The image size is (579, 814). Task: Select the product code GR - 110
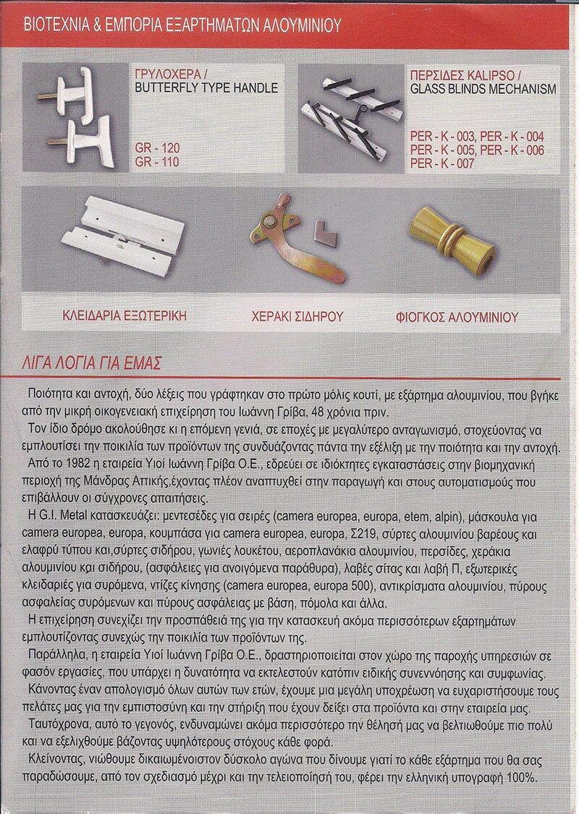157,161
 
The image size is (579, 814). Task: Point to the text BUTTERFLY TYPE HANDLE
206,88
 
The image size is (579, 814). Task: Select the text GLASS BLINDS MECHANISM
483,90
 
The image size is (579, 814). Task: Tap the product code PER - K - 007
442,164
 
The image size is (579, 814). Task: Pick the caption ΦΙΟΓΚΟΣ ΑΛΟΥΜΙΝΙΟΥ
457,317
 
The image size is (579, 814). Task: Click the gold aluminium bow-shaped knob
447,234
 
